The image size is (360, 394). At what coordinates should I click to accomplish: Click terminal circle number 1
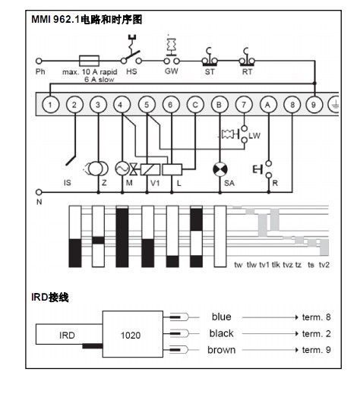click(x=50, y=105)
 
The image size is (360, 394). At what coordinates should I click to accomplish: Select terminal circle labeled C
click(x=195, y=105)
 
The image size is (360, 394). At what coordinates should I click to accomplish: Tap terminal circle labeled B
click(x=219, y=105)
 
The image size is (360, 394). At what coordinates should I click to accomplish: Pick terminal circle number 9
click(x=314, y=105)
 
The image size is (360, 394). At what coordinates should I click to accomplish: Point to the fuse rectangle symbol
click(x=89, y=61)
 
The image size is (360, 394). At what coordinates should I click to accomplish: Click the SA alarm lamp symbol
click(x=220, y=169)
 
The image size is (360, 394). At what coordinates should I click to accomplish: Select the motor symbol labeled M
click(x=122, y=169)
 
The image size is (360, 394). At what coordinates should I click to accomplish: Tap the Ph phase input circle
click(x=39, y=61)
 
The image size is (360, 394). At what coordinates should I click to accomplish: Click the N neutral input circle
click(x=39, y=192)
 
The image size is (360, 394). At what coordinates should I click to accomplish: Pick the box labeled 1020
click(x=133, y=334)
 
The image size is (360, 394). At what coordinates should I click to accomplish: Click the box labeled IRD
click(x=69, y=334)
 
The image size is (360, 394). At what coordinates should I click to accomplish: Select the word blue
click(x=222, y=317)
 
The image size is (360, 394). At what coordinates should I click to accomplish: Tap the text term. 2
click(x=317, y=334)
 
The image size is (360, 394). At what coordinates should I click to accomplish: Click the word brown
click(x=222, y=350)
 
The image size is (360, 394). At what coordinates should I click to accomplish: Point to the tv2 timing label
click(x=324, y=265)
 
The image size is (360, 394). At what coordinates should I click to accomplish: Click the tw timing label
click(x=238, y=265)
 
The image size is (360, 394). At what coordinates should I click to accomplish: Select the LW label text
click(x=254, y=136)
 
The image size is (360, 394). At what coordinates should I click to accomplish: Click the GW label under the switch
click(x=172, y=71)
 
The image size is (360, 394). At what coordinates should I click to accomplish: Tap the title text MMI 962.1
click(x=55, y=20)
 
